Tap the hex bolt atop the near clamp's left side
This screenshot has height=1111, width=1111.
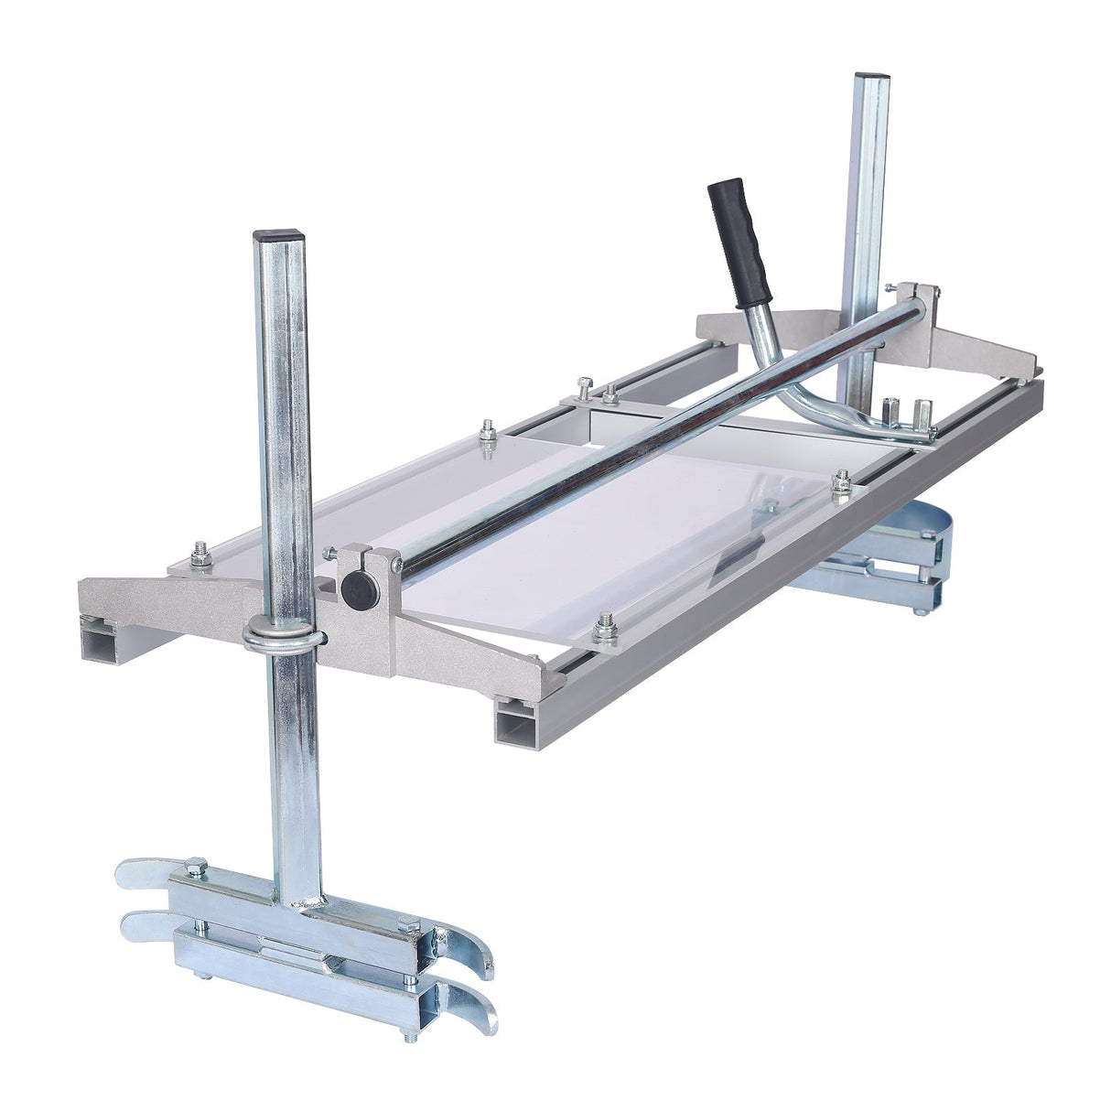(x=195, y=866)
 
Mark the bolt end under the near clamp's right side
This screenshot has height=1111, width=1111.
(x=409, y=1034)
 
